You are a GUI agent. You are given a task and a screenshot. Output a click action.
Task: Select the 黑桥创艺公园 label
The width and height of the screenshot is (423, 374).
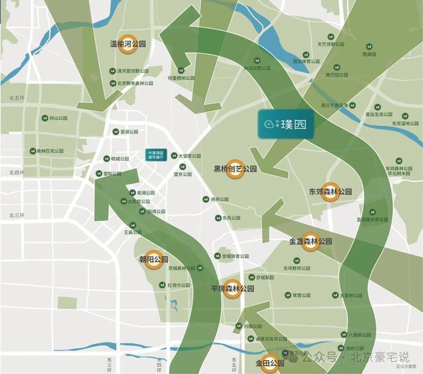(235, 169)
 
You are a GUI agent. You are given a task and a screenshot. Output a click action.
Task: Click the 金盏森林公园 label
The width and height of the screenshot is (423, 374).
(311, 241)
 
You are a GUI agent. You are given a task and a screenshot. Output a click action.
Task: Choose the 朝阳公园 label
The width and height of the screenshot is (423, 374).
(154, 260)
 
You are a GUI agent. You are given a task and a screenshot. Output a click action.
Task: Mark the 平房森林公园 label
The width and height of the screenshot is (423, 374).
(233, 289)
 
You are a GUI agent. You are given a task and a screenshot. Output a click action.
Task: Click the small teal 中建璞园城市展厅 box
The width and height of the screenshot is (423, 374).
(157, 155)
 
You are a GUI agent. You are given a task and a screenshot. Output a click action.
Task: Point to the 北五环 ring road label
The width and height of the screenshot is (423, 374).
(16, 98)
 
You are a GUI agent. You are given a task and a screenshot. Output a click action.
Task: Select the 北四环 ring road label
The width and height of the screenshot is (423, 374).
(16, 172)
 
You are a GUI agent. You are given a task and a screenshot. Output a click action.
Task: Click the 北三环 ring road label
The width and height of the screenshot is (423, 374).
(16, 215)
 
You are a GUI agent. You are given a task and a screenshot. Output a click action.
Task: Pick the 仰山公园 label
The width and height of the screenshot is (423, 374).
(58, 119)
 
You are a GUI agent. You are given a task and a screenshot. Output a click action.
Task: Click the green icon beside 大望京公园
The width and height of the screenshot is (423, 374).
(174, 155)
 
